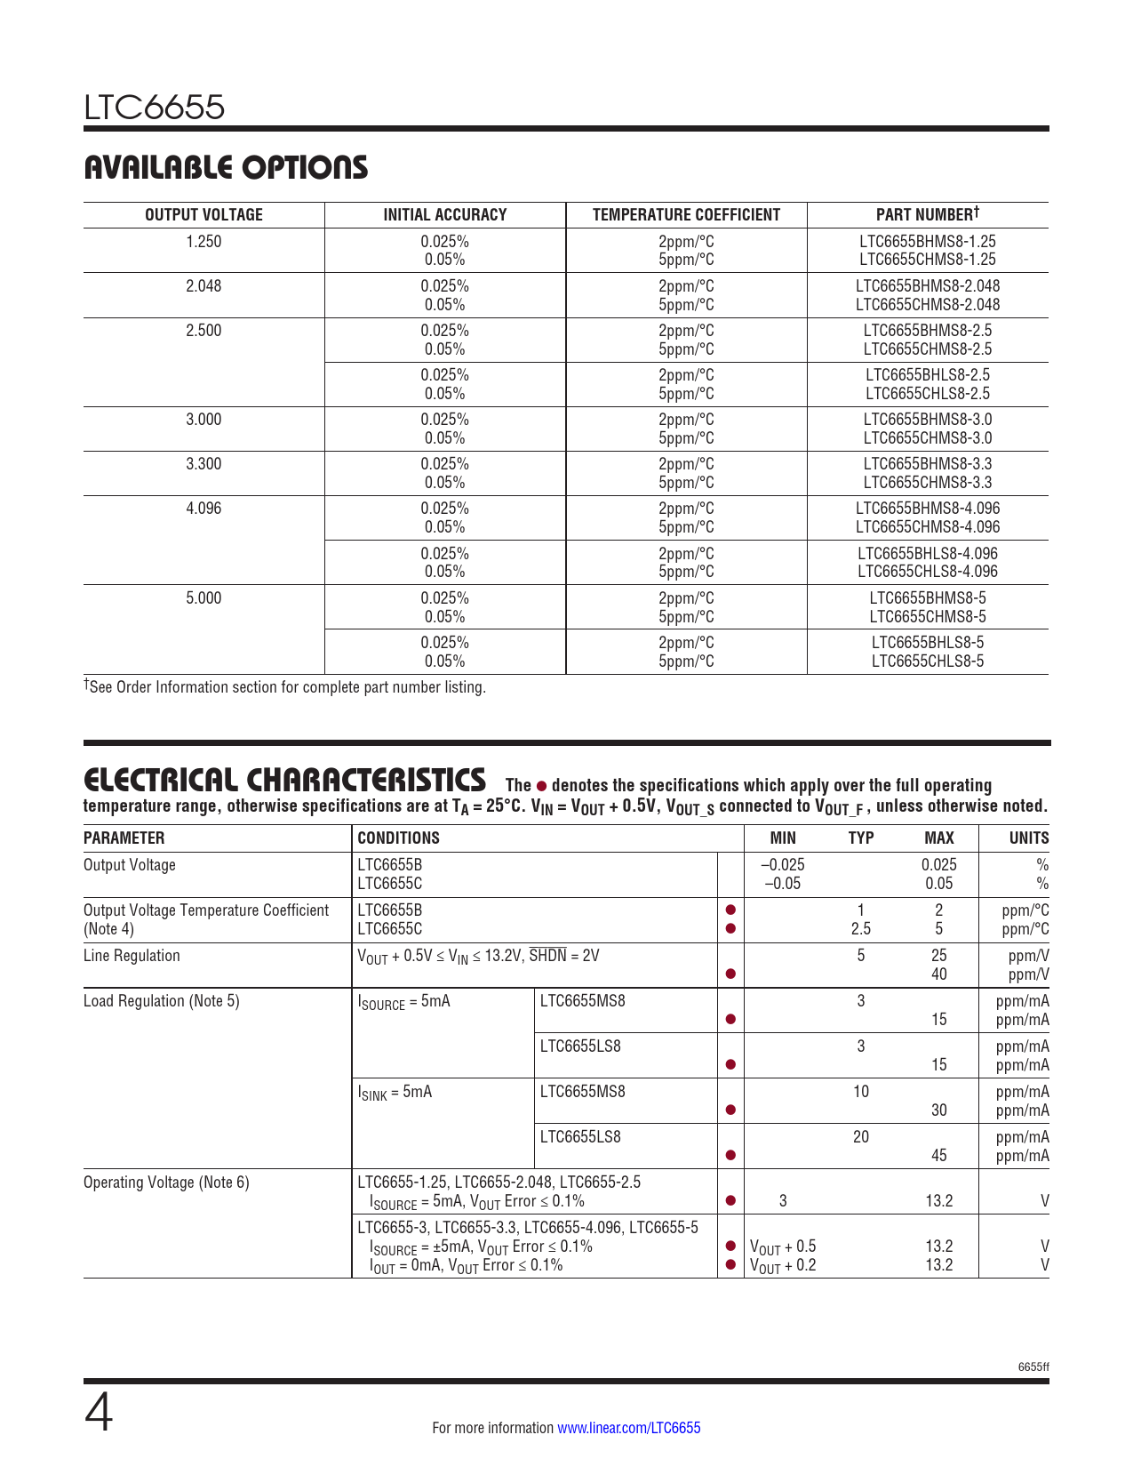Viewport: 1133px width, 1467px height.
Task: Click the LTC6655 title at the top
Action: [x=155, y=108]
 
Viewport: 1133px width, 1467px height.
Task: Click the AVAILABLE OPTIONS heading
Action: [x=226, y=167]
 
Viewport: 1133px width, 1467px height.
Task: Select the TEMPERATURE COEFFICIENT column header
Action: [x=686, y=214]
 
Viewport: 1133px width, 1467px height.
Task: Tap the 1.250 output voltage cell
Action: [x=203, y=241]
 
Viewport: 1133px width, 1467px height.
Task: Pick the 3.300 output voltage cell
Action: [x=203, y=464]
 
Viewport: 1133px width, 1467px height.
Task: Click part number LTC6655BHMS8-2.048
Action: [x=927, y=286]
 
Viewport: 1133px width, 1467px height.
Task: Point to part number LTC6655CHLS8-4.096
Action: [x=927, y=572]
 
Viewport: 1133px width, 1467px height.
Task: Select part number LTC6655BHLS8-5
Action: [x=927, y=642]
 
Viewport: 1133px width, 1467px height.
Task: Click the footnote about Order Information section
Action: [x=284, y=687]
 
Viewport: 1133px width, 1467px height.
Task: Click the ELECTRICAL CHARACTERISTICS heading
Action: [x=284, y=780]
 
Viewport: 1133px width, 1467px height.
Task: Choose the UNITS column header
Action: [x=1028, y=838]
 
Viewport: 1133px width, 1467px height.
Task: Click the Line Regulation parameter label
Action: [x=132, y=956]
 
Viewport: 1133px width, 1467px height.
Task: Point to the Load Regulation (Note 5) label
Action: [x=161, y=1001]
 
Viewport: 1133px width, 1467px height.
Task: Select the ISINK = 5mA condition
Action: [x=395, y=1092]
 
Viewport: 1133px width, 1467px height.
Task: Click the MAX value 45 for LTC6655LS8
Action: [x=938, y=1155]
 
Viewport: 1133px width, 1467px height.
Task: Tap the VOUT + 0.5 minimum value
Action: [x=783, y=1247]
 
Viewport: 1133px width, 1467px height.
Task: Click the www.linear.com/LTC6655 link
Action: [x=628, y=1428]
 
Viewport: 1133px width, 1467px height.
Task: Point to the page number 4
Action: [x=99, y=1414]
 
